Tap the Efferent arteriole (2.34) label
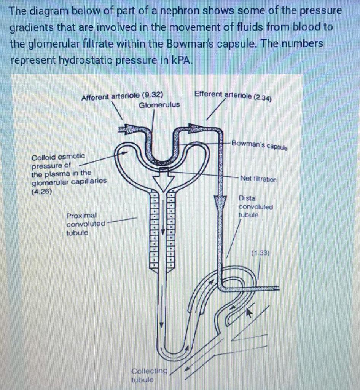pos(233,95)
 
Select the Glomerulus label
pos(159,105)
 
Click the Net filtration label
pos(258,179)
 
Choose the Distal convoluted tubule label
pos(255,206)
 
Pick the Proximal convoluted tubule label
pos(86,224)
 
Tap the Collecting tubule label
pos(149,375)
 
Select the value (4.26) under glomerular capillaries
pos(41,192)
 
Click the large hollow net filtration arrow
pos(163,182)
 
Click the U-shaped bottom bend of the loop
pos(175,354)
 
